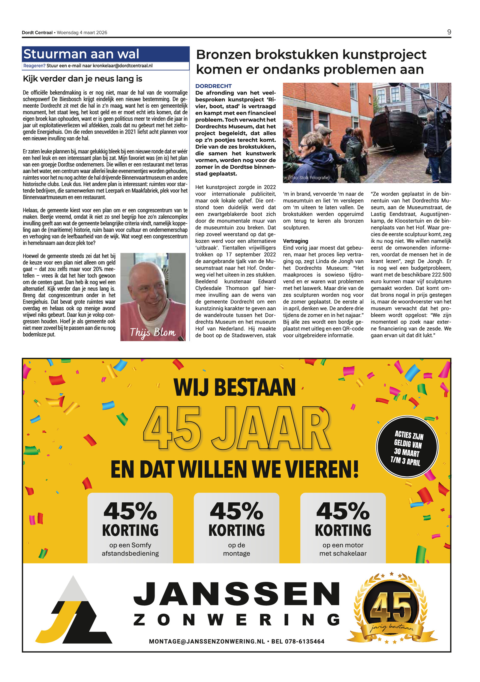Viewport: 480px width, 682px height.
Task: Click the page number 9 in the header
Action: (x=449, y=32)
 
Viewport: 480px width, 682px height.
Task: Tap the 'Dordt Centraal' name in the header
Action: (x=37, y=33)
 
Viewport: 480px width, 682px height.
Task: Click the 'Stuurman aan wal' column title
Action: (x=81, y=54)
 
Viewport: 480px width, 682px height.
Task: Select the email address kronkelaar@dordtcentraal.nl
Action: (x=122, y=66)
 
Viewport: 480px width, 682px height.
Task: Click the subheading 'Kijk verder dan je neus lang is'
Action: (x=82, y=79)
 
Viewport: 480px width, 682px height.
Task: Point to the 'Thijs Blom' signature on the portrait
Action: (x=153, y=332)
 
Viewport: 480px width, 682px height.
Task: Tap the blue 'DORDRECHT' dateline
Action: (x=213, y=86)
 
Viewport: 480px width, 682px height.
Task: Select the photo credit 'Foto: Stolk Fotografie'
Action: (x=309, y=178)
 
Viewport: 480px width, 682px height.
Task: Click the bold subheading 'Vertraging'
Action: (x=295, y=241)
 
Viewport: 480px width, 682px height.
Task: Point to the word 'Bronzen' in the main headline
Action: (x=223, y=55)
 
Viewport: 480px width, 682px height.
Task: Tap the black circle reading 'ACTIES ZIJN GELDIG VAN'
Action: (x=407, y=447)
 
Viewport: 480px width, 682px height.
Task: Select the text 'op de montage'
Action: (x=236, y=549)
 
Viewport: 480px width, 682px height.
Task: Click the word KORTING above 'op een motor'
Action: (x=343, y=530)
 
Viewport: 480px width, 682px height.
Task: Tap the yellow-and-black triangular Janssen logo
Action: (x=74, y=610)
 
